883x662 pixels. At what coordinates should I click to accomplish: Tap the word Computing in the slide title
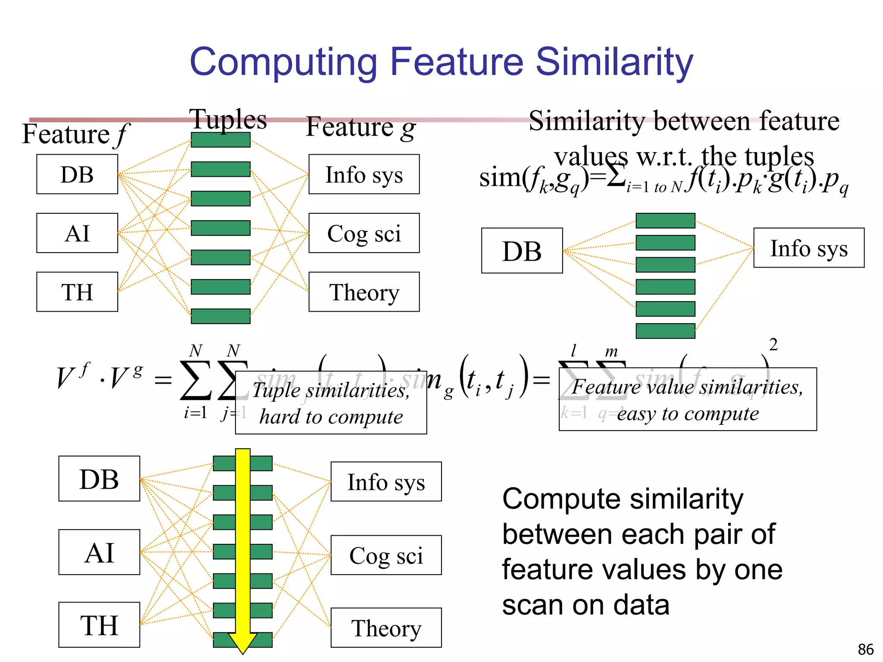pyautogui.click(x=283, y=63)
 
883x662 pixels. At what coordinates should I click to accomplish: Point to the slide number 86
pyautogui.click(x=865, y=649)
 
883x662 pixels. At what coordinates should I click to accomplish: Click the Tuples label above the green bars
pyautogui.click(x=228, y=119)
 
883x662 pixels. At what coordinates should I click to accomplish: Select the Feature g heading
pyautogui.click(x=360, y=128)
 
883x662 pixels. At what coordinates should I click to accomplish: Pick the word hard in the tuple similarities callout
pyautogui.click(x=280, y=417)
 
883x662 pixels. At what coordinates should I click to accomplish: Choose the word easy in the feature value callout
pyautogui.click(x=636, y=414)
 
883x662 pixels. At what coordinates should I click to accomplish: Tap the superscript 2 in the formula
pyautogui.click(x=773, y=345)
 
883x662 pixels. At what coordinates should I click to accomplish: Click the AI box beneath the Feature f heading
pyautogui.click(x=77, y=233)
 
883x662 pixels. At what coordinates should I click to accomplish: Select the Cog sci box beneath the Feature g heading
pyautogui.click(x=364, y=233)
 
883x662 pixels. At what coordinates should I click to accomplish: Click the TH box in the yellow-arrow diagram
pyautogui.click(x=99, y=625)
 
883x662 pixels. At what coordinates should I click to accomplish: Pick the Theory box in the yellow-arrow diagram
pyautogui.click(x=386, y=628)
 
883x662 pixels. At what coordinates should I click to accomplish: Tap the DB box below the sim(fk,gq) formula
pyautogui.click(x=522, y=251)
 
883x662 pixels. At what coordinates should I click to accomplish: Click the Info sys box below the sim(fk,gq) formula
pyautogui.click(x=808, y=248)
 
